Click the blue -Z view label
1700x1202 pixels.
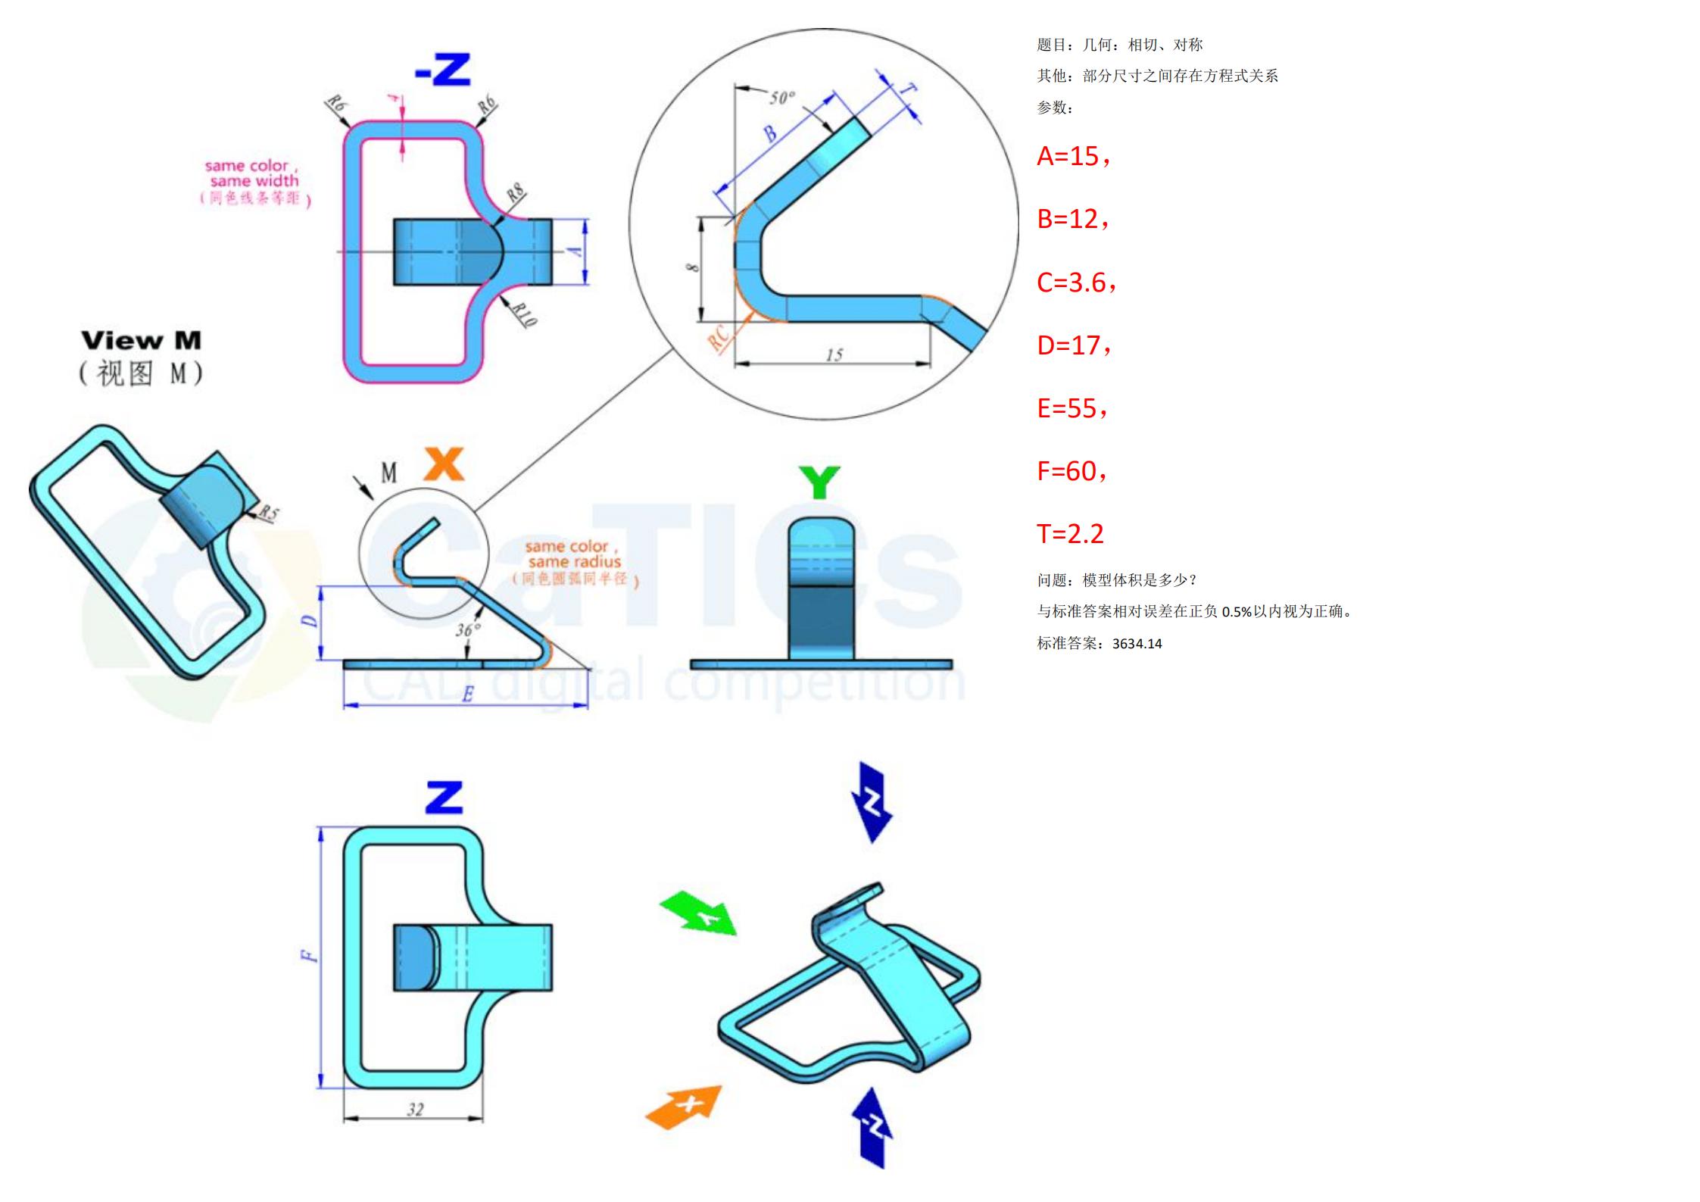pyautogui.click(x=443, y=70)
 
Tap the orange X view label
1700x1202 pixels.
pyautogui.click(x=443, y=464)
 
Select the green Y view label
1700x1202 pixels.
pyautogui.click(x=819, y=482)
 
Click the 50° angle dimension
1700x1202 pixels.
pyautogui.click(x=782, y=98)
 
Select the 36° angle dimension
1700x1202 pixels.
pyautogui.click(x=468, y=629)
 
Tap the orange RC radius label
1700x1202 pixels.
pyautogui.click(x=719, y=338)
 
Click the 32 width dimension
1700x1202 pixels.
pyautogui.click(x=415, y=1110)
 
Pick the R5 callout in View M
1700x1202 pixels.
pyautogui.click(x=268, y=514)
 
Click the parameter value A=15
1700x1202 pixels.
pyautogui.click(x=1072, y=156)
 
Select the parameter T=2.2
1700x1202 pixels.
pyautogui.click(x=1070, y=534)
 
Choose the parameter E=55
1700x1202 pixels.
pyautogui.click(x=1071, y=408)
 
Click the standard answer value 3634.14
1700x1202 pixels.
pyautogui.click(x=1137, y=644)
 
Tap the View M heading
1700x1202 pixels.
pyautogui.click(x=142, y=340)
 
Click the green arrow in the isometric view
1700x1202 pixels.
pyautogui.click(x=699, y=914)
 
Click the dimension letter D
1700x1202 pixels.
pyautogui.click(x=310, y=621)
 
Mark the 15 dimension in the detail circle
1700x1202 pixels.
pyautogui.click(x=834, y=354)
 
